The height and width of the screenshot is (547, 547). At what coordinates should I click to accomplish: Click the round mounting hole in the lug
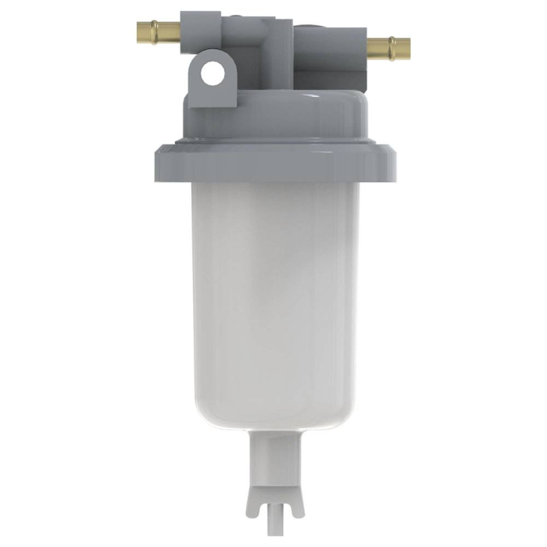(x=211, y=73)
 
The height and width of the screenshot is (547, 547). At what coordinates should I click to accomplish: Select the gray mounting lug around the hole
(x=198, y=86)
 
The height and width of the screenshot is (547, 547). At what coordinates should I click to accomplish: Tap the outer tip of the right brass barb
(x=407, y=48)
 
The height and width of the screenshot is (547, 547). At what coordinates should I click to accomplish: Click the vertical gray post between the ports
(x=277, y=55)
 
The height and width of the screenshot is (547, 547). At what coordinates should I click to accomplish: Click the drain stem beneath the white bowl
(x=273, y=461)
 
